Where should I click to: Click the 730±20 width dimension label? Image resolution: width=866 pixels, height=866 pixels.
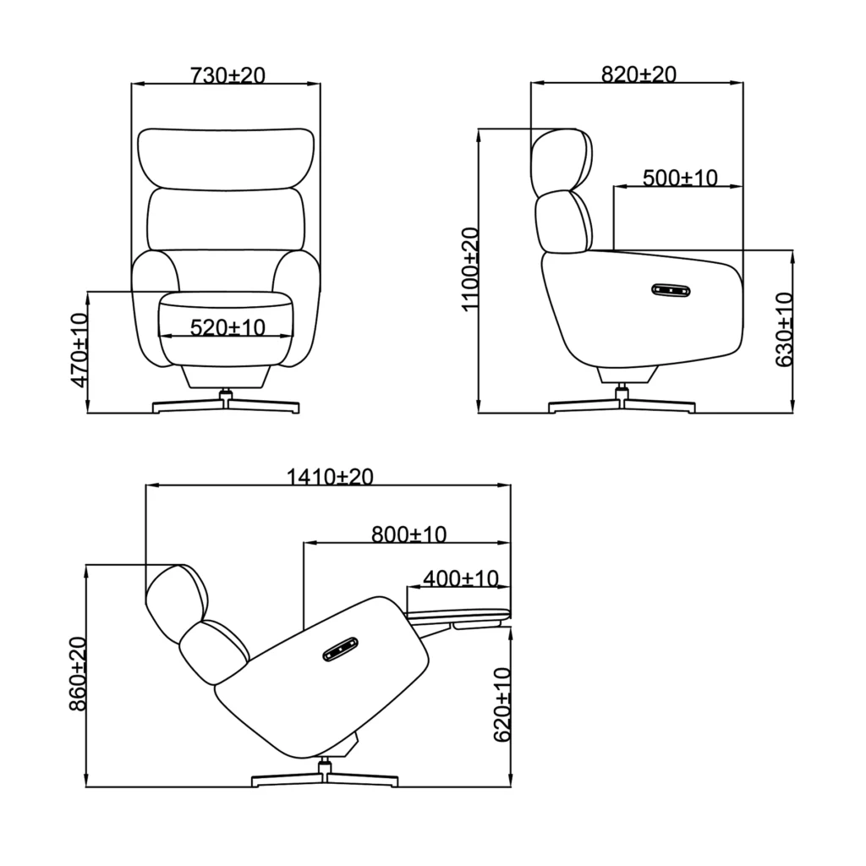227,75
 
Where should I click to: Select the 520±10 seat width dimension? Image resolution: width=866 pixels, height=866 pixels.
227,326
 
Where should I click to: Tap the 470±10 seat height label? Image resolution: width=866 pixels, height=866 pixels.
79,350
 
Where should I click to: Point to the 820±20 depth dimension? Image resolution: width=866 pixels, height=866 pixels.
638,74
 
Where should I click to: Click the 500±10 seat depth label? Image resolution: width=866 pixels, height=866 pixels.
679,178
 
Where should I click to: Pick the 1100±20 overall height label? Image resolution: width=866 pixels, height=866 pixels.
469,269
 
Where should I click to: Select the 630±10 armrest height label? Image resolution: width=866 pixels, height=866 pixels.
785,330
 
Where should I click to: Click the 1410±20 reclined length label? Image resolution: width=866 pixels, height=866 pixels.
330,477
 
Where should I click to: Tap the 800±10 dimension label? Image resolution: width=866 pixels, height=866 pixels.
408,534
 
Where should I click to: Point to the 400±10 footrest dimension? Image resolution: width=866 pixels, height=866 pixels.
460,579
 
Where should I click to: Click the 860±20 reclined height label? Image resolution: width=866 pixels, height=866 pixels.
78,675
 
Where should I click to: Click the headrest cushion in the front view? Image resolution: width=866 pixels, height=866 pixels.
226,158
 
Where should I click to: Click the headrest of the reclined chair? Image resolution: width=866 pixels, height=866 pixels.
176,597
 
